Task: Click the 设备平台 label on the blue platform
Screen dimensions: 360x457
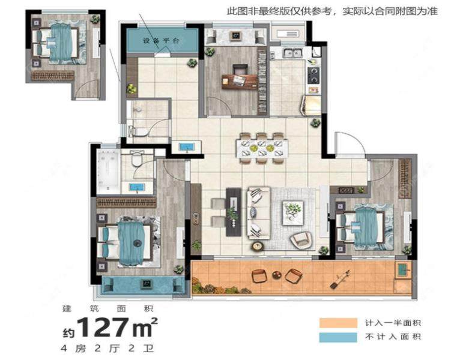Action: coord(162,41)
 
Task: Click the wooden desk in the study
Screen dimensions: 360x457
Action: coord(239,80)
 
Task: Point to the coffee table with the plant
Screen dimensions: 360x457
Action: coord(293,210)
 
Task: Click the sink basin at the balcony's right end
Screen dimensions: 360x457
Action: coord(402,271)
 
